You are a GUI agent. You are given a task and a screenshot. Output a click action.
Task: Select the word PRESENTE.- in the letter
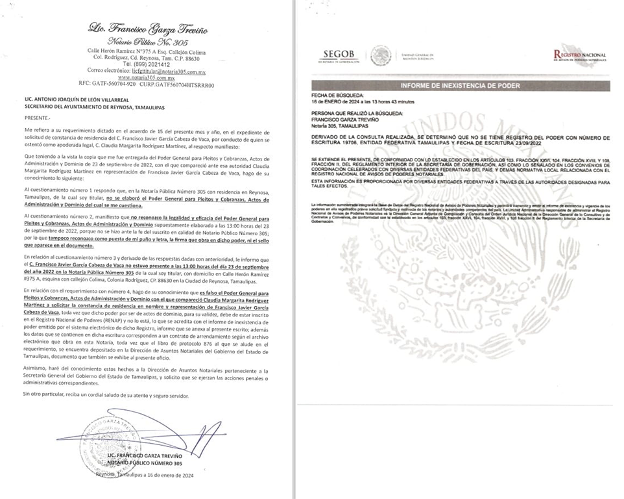coord(37,119)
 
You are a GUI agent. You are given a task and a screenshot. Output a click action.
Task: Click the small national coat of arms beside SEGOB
coord(380,56)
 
